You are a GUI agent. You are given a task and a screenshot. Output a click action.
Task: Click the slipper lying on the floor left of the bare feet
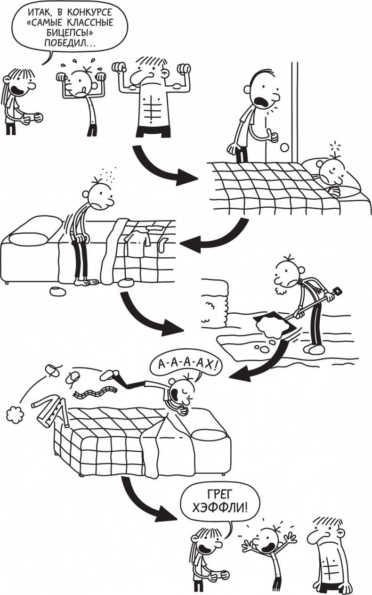click(58, 291)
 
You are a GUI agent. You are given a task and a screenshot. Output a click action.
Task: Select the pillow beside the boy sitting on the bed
click(28, 238)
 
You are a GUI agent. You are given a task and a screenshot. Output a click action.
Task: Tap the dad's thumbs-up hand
click(272, 135)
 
